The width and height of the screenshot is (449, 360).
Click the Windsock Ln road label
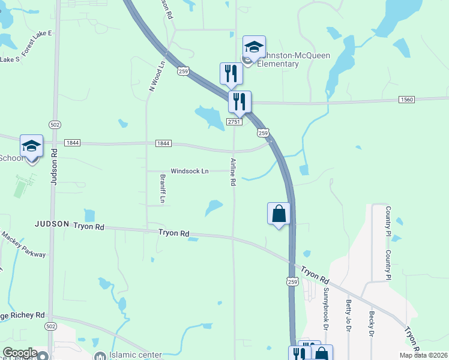pyautogui.click(x=189, y=172)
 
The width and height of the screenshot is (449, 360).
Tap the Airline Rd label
pyautogui.click(x=232, y=172)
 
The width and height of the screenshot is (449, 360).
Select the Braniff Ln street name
pyautogui.click(x=162, y=187)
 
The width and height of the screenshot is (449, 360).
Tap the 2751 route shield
pyautogui.click(x=234, y=122)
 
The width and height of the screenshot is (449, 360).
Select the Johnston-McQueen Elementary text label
pyautogui.click(x=278, y=61)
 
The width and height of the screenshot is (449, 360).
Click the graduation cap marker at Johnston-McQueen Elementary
pyautogui.click(x=254, y=47)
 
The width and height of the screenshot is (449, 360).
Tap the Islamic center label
pyautogui.click(x=136, y=355)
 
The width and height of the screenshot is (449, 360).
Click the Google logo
pyautogui.click(x=19, y=353)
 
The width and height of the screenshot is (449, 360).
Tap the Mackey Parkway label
pyautogui.click(x=23, y=245)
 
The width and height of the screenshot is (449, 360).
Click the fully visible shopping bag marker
pyautogui.click(x=279, y=214)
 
